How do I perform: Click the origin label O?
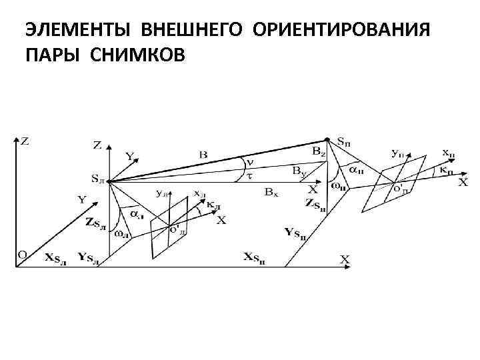pos(22,255)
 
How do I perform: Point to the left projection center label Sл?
pos(98,179)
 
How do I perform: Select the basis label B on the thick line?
pos(203,155)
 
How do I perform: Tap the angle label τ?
pos(249,176)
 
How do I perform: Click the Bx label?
pos(271,192)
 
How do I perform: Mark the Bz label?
pos(319,153)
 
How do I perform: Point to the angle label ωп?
pos(339,184)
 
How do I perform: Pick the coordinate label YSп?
pos(296,232)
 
